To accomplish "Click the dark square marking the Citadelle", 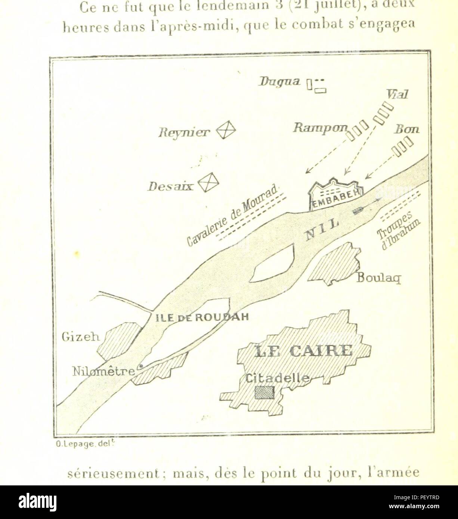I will pos(264,393).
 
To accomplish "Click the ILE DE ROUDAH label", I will pos(202,318).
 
